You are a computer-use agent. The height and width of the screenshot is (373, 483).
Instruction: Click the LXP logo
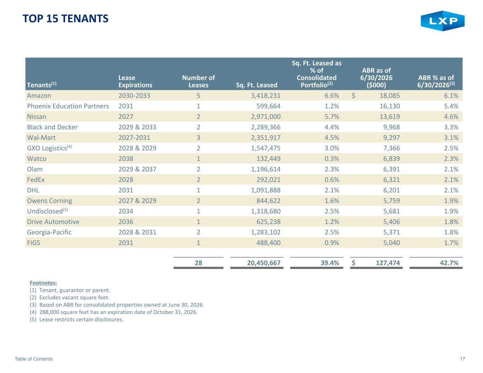pos(442,21)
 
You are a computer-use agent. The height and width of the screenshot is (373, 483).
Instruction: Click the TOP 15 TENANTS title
pos(65,18)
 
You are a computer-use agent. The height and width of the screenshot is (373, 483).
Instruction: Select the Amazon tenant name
pos(39,95)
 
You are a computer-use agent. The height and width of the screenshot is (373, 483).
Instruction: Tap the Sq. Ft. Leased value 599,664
pos(268,106)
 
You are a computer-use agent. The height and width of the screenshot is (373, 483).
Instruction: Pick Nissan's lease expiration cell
pos(126,117)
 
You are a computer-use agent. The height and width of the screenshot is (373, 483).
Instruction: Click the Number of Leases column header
pos(198,81)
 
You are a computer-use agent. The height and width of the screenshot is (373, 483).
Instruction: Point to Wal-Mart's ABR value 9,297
pos(391,138)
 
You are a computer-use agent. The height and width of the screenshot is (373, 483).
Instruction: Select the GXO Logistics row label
pos(49,148)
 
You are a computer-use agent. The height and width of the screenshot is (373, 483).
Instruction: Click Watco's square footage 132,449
pos(268,158)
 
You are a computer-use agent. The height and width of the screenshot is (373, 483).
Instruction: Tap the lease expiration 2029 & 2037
pos(137,169)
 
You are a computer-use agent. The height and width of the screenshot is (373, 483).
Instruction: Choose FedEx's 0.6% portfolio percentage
pos(332,180)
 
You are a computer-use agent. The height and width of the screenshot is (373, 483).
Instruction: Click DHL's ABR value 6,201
pos(391,190)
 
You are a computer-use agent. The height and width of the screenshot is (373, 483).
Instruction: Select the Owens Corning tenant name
pos(49,201)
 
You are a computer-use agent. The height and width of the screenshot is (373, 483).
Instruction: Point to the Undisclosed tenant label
pos(47,211)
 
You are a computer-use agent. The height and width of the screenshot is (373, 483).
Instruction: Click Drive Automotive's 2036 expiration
pos(126,222)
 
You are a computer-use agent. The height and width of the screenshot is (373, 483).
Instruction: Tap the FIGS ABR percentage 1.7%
pos(451,243)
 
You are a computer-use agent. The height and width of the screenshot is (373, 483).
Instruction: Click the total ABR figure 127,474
pos(388,263)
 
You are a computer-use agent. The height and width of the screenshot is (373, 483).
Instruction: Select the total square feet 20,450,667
pos(264,263)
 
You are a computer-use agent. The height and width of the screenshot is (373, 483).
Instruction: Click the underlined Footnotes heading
pos(43,283)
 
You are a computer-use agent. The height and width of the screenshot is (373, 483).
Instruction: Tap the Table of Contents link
pos(34,359)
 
